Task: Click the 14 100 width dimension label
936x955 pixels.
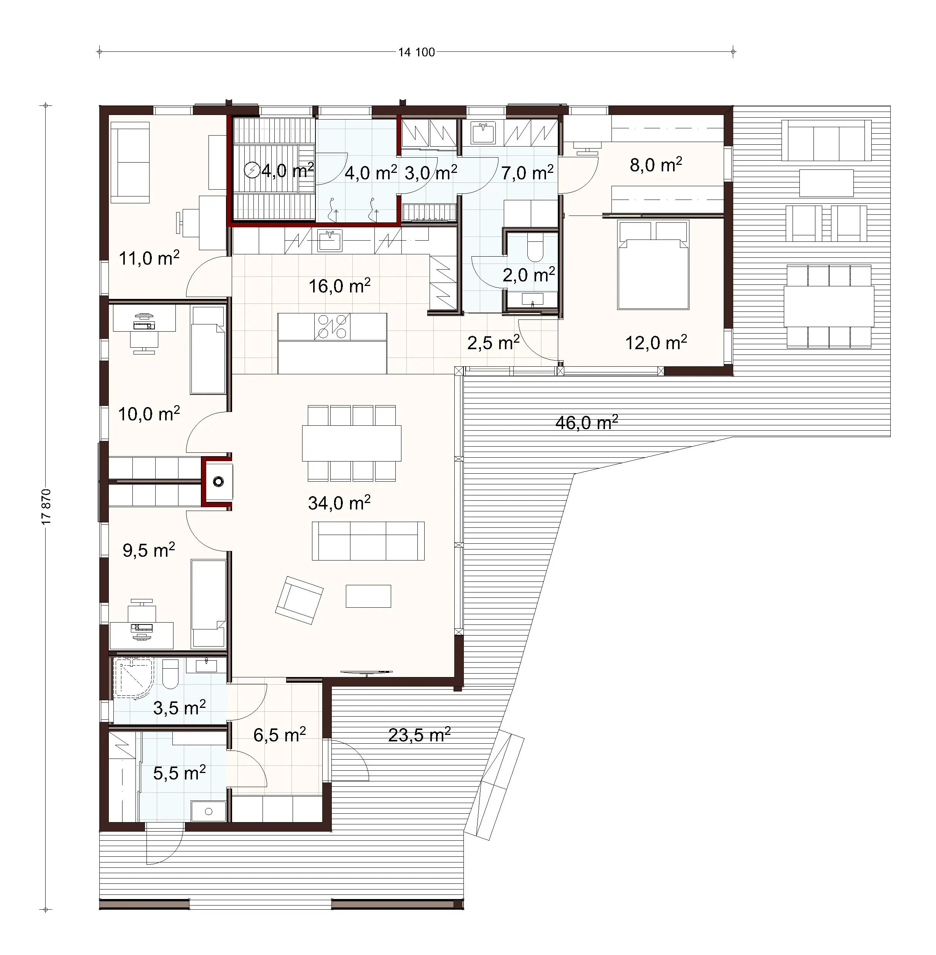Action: click(416, 52)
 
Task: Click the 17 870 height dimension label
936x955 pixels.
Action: click(46, 506)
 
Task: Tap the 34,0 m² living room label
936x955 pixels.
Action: click(339, 503)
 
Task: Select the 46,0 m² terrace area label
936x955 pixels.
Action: click(586, 423)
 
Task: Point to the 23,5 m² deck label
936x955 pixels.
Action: click(419, 735)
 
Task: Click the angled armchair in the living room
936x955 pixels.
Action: click(299, 600)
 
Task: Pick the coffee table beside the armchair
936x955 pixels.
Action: click(368, 596)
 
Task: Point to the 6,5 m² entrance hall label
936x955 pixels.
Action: click(279, 735)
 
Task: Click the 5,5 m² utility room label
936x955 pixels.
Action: click(179, 773)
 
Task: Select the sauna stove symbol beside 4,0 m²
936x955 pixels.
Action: click(252, 171)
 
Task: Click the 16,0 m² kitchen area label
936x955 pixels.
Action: click(339, 286)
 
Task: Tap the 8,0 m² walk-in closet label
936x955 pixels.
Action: click(656, 165)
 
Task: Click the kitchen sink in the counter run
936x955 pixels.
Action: click(330, 241)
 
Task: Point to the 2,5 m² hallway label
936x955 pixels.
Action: click(493, 342)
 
